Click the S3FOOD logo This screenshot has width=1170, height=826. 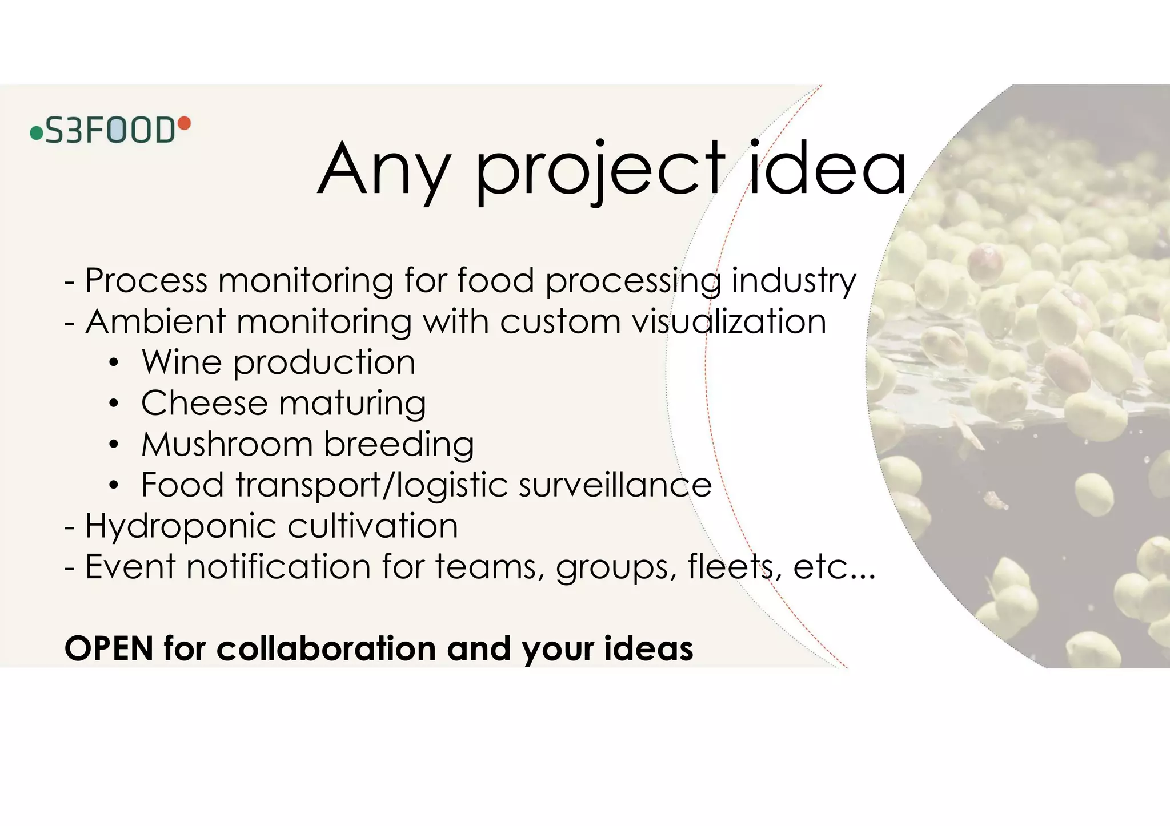(110, 130)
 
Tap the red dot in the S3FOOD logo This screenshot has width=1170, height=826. (185, 122)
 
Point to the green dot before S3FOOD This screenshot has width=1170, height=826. (37, 134)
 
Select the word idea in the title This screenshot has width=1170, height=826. (827, 169)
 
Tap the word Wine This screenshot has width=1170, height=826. (181, 362)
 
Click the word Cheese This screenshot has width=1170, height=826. (204, 403)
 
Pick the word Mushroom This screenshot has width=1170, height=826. (227, 444)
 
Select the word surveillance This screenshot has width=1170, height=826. (615, 485)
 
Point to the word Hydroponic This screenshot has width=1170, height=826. (181, 526)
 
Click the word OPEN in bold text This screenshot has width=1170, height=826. (109, 649)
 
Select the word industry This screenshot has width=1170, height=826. (794, 281)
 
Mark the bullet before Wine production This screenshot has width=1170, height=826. (114, 363)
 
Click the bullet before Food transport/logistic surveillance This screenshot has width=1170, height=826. (114, 486)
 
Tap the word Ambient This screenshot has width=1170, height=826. (155, 321)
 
